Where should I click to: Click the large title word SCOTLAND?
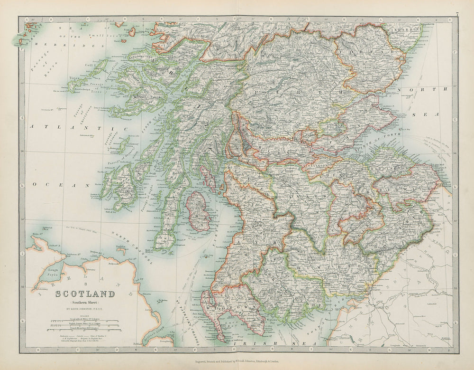pyautogui.click(x=85, y=294)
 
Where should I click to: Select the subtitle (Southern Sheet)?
pyautogui.click(x=85, y=302)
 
